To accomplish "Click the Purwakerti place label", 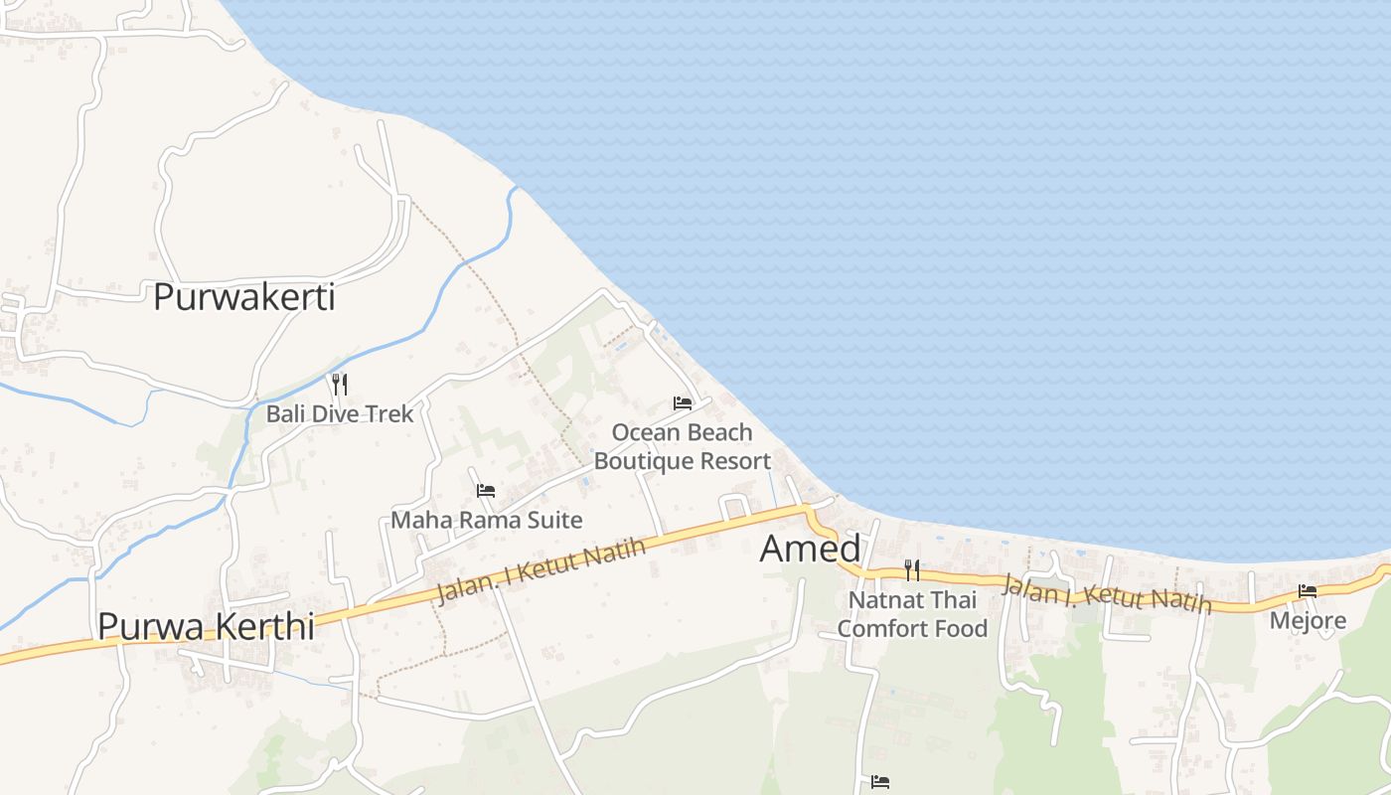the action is pos(243,297).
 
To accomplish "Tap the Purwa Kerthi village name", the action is pos(206,626).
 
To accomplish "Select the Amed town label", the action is pos(810,549).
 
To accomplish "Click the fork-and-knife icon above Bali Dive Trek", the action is pos(340,384).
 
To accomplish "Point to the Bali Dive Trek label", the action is pos(339,413).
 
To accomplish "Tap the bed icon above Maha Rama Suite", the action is pos(486,491).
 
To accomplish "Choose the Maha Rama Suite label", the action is pos(486,520).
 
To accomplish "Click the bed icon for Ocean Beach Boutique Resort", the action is pos(683,403).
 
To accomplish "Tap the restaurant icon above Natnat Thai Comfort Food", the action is pos(912,570).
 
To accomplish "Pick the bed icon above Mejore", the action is pos(1308,591).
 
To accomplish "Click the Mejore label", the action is pos(1309,621).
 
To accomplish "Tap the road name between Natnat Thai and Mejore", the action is pos(1106,594).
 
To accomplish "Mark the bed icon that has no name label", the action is pos(879,782).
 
